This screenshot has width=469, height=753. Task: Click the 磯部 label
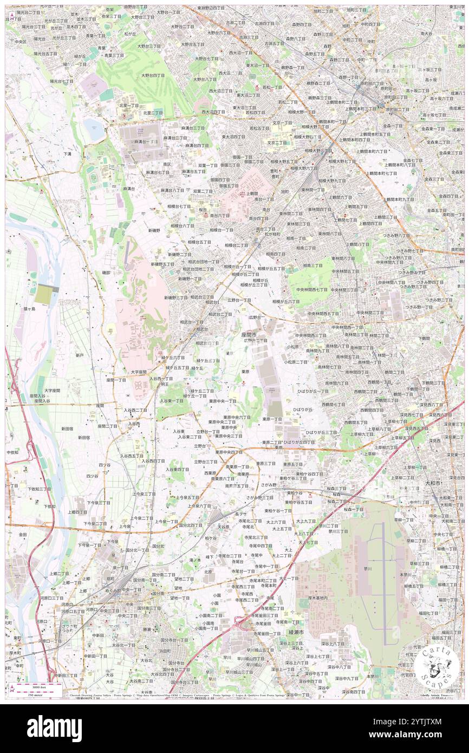coord(106,273)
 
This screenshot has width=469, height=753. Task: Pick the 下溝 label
coord(67,154)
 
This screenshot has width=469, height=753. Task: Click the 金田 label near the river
coord(23,534)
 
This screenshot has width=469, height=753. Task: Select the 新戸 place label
coord(80,355)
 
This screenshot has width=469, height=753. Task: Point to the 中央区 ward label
coord(21,41)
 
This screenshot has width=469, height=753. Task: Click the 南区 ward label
coord(167,164)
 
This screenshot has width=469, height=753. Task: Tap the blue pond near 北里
coord(93,130)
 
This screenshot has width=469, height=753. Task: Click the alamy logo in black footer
coord(54,729)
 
